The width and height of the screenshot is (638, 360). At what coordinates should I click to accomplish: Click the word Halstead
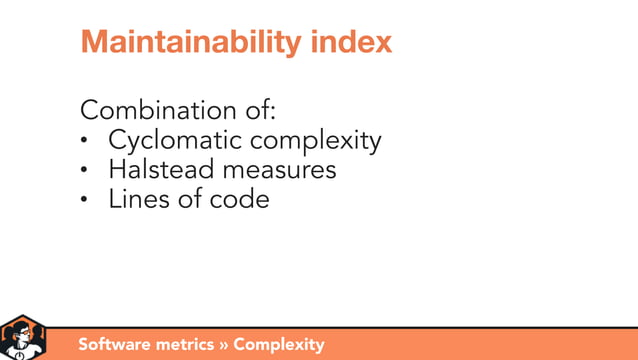156,170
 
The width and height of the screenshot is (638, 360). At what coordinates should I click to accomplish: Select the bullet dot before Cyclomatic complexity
86,142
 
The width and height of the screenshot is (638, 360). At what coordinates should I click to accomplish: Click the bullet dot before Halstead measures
86,171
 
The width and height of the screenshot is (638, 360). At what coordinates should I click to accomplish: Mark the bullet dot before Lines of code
86,200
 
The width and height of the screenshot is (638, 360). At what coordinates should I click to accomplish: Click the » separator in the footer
225,345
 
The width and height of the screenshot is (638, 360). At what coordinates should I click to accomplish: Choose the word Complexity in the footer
279,345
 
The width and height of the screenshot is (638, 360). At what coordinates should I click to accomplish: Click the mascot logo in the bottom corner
22,338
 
